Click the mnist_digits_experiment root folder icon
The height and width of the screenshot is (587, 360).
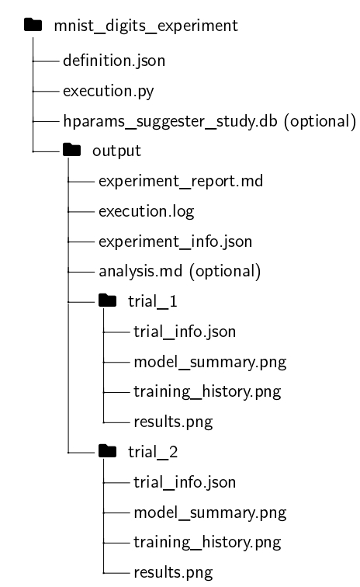(33, 25)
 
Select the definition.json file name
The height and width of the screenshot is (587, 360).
(114, 61)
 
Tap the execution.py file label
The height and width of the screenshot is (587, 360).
(108, 92)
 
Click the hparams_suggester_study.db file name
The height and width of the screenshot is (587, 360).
(170, 121)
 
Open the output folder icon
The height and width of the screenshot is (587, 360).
(72, 150)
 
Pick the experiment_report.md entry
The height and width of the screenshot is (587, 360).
(181, 181)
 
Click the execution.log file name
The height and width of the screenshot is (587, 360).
(147, 211)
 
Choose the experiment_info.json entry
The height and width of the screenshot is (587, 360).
(175, 241)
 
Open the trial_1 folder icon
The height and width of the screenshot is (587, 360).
(107, 300)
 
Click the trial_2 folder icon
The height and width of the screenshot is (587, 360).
(107, 450)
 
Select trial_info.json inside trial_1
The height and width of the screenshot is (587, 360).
(185, 332)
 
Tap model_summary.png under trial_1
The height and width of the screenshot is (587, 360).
(210, 363)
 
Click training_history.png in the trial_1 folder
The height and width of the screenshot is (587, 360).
(207, 392)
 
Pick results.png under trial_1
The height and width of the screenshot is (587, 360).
(173, 422)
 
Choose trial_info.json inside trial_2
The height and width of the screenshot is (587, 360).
(185, 482)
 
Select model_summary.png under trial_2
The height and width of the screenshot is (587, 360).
(210, 513)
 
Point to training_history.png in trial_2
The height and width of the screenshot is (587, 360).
(207, 543)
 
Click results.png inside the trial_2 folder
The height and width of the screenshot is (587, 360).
(173, 573)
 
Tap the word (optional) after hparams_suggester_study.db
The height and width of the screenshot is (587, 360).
(320, 121)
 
